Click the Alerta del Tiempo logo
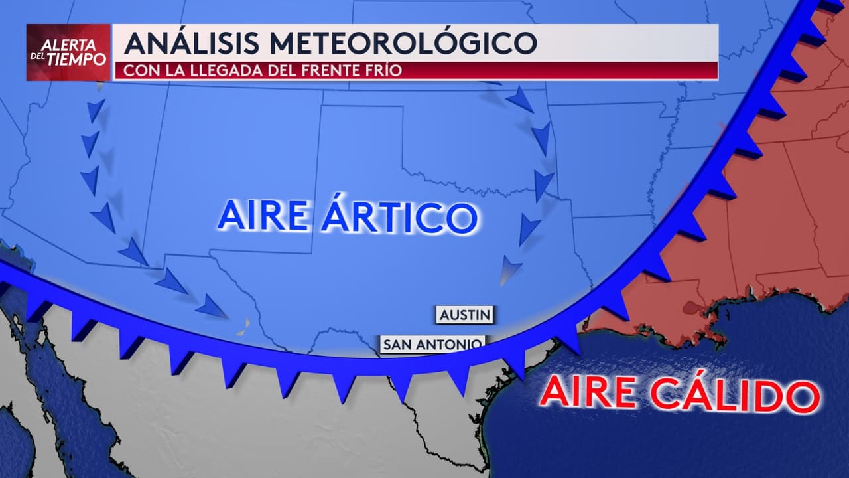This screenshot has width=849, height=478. pos(68,52)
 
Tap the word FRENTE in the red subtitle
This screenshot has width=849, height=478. pos(334,70)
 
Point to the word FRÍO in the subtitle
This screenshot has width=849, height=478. pos(385,70)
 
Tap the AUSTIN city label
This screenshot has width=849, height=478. pos(466,315)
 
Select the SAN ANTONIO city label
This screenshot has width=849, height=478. pos(432,344)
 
